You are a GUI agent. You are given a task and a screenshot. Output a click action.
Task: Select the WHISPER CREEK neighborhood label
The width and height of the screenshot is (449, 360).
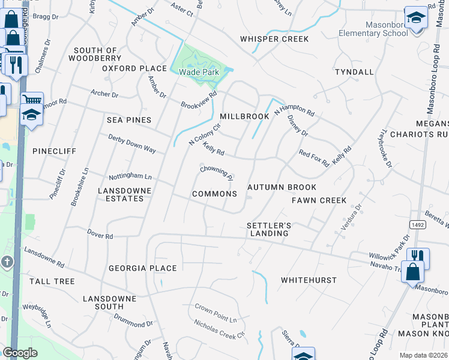[274, 39]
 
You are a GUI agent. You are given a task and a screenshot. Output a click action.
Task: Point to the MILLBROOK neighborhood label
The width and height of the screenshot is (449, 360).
[244, 116]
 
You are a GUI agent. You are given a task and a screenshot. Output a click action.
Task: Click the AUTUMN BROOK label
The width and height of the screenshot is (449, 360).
[282, 187]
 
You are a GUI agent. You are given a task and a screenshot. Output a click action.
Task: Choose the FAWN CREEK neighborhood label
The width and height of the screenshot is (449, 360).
[319, 200]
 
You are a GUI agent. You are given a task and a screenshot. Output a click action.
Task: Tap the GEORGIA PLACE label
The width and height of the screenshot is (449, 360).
[142, 268]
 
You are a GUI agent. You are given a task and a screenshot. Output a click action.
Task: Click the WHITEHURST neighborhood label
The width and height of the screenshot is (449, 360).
[309, 280]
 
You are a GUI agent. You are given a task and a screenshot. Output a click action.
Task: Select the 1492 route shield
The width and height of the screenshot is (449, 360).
[418, 224]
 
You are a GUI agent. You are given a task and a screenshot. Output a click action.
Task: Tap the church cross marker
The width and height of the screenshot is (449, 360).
[7, 262]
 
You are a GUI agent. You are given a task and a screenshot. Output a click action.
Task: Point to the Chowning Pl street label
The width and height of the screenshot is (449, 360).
[217, 173]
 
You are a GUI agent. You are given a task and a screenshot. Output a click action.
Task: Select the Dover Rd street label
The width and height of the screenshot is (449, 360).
[100, 236]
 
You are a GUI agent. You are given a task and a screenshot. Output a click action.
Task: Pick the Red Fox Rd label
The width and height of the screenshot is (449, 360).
[314, 158]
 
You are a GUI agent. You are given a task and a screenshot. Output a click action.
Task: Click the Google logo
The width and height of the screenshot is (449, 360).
[20, 353]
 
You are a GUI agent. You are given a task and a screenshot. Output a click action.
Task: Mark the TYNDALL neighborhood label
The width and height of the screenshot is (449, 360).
[354, 72]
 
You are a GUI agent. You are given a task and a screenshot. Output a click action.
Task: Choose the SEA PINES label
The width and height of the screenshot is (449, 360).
[129, 120]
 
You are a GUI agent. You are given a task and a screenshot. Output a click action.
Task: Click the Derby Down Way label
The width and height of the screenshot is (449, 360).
[132, 143]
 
